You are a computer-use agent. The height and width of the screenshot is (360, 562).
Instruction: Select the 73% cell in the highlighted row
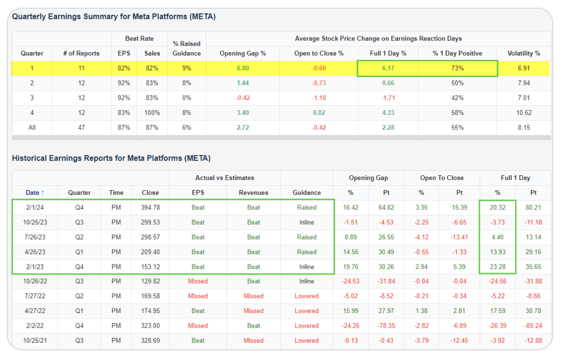pos(457,68)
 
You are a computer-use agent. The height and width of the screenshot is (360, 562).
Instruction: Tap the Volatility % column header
pos(524,53)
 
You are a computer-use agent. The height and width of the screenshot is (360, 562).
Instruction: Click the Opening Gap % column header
pos(243,53)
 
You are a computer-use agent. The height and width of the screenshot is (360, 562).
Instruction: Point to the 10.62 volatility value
pos(524,112)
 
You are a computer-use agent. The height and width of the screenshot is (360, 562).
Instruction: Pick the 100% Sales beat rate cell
pos(152,112)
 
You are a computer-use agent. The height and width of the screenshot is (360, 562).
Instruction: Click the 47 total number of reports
pos(81,127)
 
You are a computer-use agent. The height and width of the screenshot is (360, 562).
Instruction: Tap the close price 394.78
pos(150,208)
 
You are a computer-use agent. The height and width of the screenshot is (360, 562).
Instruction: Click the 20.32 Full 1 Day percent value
pos(497,208)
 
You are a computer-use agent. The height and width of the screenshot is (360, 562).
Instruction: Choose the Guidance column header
pos(307,193)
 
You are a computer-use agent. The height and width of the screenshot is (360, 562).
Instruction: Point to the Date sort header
pos(35,193)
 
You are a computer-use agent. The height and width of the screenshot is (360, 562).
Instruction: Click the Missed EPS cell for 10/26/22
pos(198,281)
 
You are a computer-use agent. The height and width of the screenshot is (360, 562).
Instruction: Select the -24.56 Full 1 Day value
pos(497,281)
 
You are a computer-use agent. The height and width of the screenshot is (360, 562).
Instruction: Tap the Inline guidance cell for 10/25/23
pos(307,222)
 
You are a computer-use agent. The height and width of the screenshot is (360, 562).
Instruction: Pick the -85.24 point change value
pos(533,326)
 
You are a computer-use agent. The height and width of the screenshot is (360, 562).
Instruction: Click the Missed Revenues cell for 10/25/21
pos(253,340)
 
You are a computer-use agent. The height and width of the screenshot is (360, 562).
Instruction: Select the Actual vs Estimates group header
pos(225,178)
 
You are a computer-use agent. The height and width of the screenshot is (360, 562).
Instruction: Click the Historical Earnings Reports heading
pos(111,158)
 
